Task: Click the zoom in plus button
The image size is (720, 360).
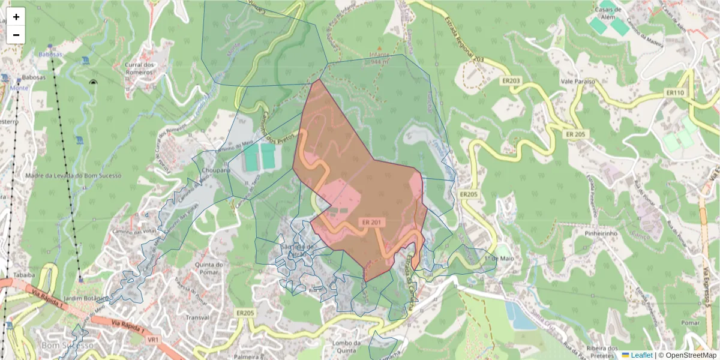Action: pos(16,17)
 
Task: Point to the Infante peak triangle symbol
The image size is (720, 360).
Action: pos(379,48)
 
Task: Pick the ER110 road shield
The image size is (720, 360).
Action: pos(674,93)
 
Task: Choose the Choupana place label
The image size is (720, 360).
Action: pos(216,170)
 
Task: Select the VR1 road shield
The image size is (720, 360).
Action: pos(153,340)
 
